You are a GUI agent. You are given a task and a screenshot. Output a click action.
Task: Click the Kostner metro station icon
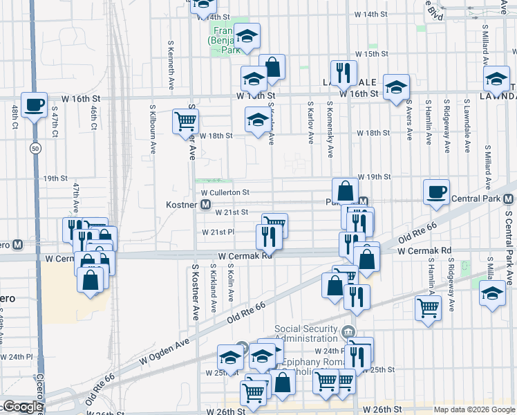[205, 205]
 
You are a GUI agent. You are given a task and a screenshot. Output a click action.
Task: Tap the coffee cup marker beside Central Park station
[436, 192]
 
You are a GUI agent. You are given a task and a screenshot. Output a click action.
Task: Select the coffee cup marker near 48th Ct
[34, 104]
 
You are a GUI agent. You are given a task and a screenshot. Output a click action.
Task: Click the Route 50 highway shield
[35, 148]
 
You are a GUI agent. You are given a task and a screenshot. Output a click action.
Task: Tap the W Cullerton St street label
[225, 192]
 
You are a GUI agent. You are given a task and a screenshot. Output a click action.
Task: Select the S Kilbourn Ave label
[153, 129]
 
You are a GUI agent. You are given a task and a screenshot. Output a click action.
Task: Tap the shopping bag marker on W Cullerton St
[345, 190]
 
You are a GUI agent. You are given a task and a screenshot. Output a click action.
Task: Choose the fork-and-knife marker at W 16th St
[344, 72]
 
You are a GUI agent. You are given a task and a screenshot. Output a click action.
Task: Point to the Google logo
[23, 407]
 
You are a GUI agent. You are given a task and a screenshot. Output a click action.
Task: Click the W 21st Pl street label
[218, 232]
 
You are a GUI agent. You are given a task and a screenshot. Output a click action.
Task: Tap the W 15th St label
[371, 54]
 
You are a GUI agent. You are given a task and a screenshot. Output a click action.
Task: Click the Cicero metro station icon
[17, 245]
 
